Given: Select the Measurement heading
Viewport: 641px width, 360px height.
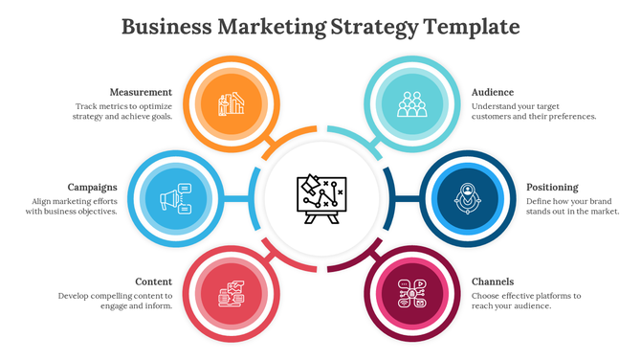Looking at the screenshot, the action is [x=141, y=92].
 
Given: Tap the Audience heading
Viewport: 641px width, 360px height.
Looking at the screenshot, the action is [x=493, y=92].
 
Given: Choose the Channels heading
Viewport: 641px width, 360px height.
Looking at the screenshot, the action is [x=493, y=281].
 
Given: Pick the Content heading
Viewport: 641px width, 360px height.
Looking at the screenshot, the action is [x=153, y=281].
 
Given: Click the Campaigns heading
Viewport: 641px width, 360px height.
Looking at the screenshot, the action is [x=93, y=187].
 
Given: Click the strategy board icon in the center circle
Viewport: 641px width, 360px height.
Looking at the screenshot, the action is [x=320, y=198].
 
